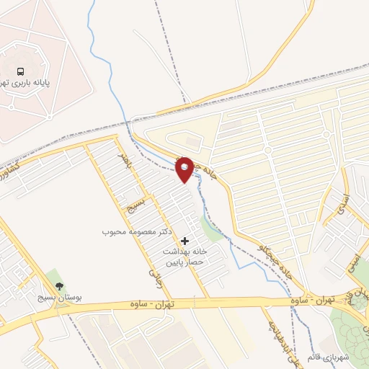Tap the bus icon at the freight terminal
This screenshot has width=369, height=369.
point(21,72)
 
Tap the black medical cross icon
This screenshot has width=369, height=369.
point(185,240)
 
